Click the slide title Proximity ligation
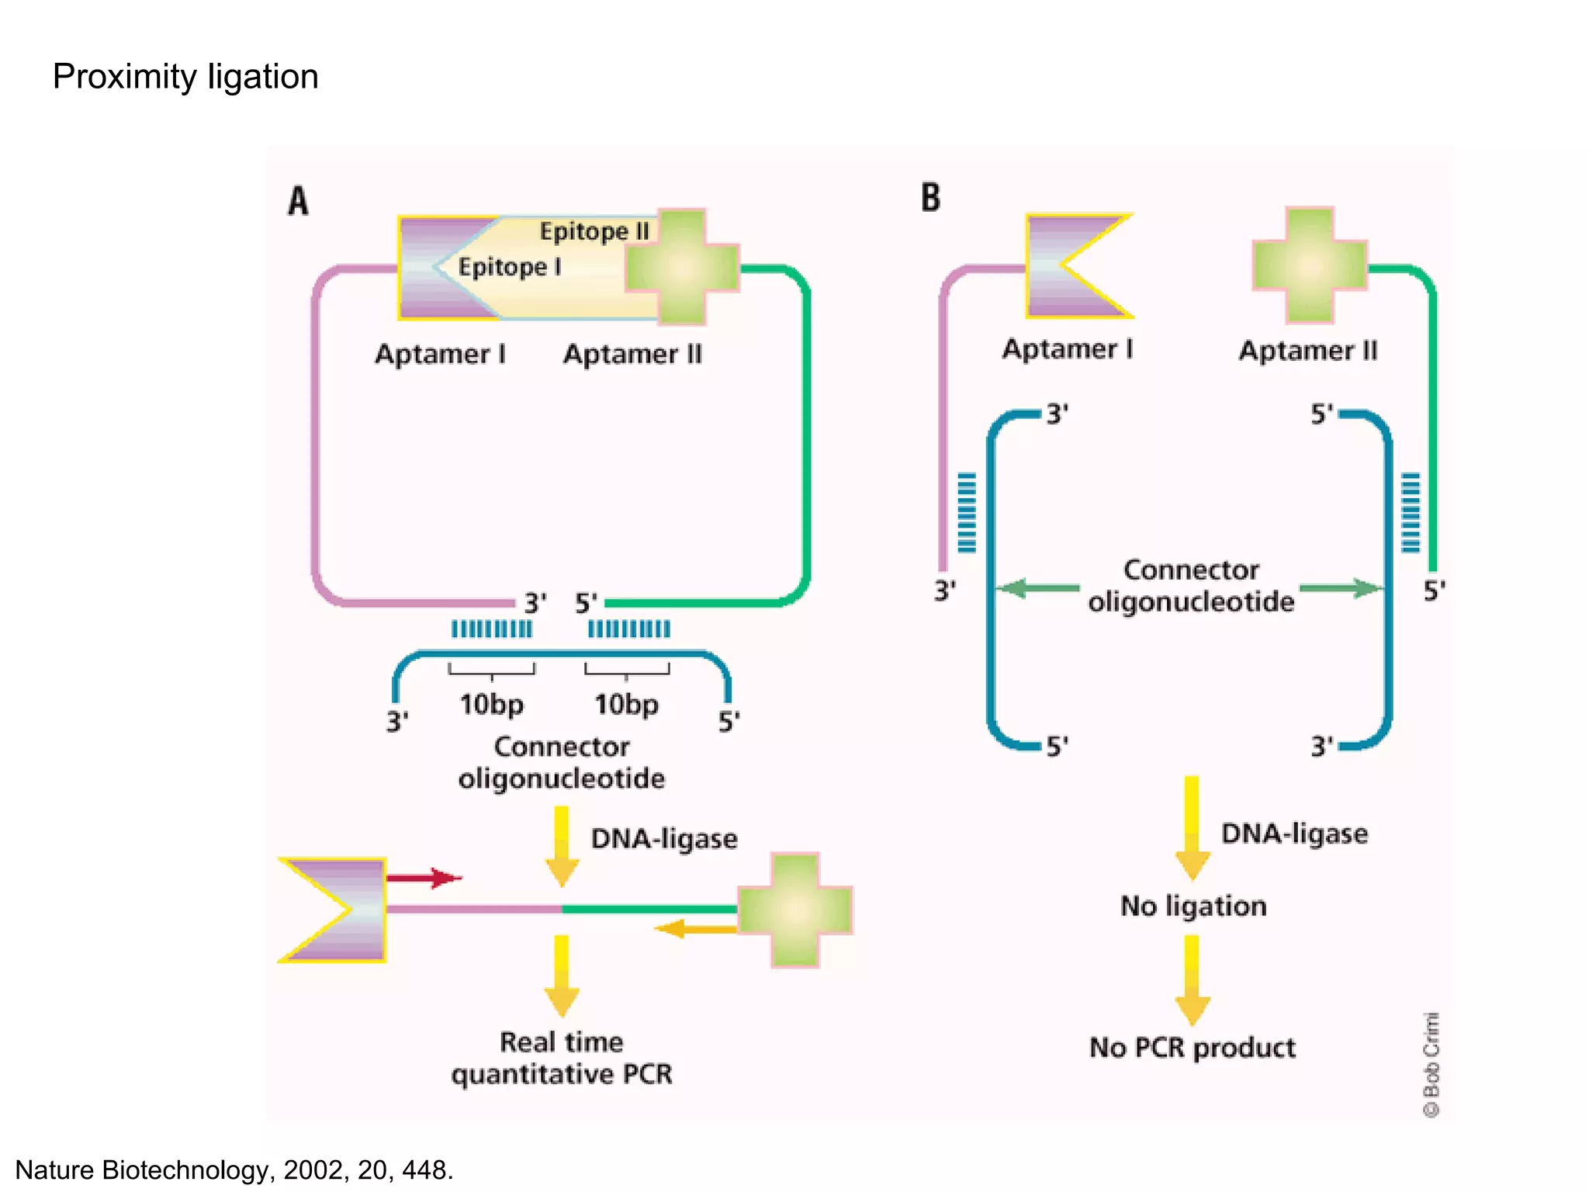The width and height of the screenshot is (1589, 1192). [x=185, y=77]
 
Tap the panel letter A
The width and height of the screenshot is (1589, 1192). [x=298, y=201]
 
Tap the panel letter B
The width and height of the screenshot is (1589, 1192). [x=930, y=197]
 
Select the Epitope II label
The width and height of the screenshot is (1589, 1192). [x=594, y=231]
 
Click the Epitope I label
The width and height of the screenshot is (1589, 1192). [x=509, y=267]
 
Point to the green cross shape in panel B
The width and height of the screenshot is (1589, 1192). [x=1310, y=265]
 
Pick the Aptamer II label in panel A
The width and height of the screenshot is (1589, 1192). [x=632, y=354]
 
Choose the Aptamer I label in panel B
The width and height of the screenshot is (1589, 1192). [x=1068, y=349]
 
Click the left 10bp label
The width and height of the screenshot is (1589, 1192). [x=491, y=705]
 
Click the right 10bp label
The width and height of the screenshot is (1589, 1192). [x=626, y=705]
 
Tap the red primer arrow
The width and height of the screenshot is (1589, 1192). [x=424, y=878]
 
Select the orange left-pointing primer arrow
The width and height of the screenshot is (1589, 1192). [x=694, y=928]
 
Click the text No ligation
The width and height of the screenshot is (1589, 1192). [x=1193, y=906]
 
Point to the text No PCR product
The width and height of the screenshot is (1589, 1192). [x=1192, y=1048]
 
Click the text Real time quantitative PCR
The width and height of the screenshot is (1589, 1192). [x=561, y=1058]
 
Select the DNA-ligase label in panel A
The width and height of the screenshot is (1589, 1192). [x=664, y=839]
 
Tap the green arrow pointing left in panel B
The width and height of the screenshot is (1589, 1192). [x=1037, y=587]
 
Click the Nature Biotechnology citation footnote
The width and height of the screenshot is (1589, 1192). [x=234, y=1169]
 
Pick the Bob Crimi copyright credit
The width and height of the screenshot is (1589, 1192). [x=1431, y=1064]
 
